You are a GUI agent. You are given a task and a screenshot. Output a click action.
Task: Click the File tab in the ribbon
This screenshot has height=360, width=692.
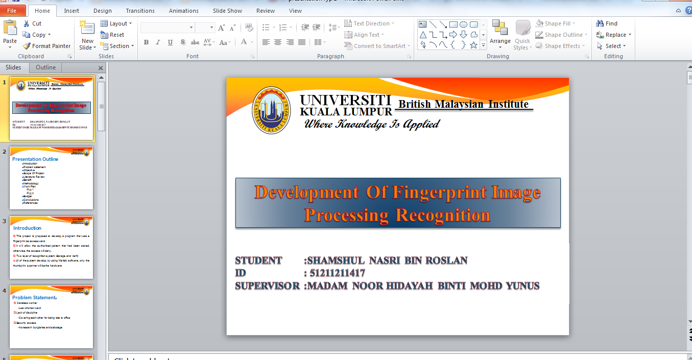[12, 11]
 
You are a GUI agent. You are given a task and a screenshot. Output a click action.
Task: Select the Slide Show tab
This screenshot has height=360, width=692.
[227, 11]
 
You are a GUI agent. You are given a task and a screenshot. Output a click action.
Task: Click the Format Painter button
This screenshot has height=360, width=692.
[46, 46]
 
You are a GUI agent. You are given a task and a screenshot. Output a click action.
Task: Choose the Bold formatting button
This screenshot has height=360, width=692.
[146, 42]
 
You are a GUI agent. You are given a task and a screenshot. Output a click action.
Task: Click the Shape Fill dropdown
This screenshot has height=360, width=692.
[557, 23]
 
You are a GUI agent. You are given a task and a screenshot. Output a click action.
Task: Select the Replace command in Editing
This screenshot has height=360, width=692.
[615, 35]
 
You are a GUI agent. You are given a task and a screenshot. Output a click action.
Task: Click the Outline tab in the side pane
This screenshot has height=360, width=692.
[45, 67]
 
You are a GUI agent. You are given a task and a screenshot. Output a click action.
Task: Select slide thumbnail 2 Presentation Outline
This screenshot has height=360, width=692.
[52, 178]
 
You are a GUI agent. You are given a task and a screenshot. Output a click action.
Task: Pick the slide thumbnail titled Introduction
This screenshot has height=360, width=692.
[52, 247]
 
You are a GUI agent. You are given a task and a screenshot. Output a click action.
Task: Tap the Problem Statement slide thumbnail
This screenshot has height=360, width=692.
[52, 317]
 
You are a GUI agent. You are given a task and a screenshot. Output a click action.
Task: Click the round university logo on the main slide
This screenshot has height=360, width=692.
[271, 110]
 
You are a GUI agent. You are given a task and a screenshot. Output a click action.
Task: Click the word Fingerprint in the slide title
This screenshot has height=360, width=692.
[439, 193]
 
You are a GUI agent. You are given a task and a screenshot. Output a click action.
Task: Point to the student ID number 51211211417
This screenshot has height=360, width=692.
[337, 273]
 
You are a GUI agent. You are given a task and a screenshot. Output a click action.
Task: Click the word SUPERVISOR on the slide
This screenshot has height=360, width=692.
[267, 286]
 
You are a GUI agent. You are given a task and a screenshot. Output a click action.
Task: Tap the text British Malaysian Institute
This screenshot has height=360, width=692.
[463, 104]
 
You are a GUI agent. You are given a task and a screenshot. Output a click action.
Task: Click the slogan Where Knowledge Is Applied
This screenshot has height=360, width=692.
[371, 124]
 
